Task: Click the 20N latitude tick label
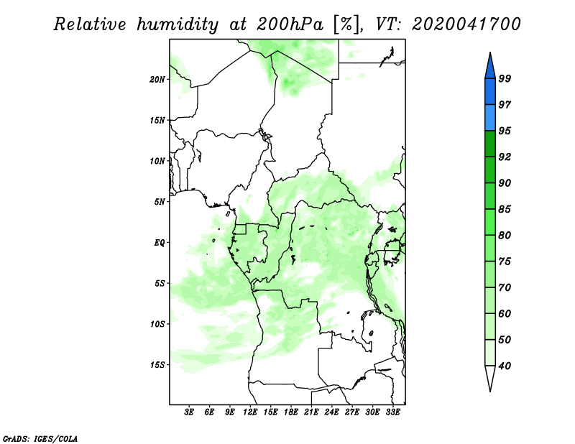tap(157, 80)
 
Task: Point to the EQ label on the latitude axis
tap(159, 243)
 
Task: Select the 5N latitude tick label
tap(160, 202)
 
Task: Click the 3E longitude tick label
tap(188, 412)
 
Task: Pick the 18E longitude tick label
tap(291, 412)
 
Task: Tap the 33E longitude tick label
tap(392, 412)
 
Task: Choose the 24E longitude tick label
tap(331, 412)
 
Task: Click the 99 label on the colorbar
tap(505, 78)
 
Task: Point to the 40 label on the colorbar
tap(505, 366)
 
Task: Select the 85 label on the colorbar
tap(505, 209)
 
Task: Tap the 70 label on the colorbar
tap(505, 287)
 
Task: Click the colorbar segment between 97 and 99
tap(490, 92)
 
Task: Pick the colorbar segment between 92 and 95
tap(490, 144)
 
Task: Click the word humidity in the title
tap(178, 24)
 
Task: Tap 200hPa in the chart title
tap(290, 24)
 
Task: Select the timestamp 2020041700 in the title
tap(466, 24)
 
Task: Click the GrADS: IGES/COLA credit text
tap(40, 438)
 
